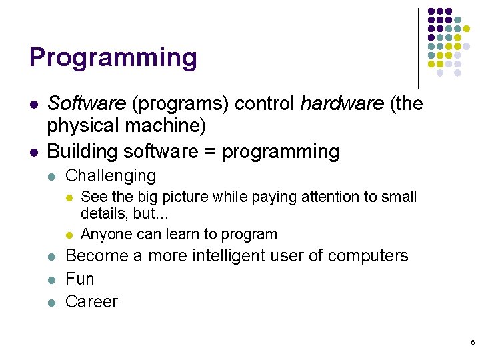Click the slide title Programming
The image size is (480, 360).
coord(113,58)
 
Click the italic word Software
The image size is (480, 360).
coord(87,104)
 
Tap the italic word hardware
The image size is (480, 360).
coord(341,104)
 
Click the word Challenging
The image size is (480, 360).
coord(111,176)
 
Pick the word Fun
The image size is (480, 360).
coord(80,279)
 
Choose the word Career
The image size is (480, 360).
coord(91,301)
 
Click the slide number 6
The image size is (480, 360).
coord(472,342)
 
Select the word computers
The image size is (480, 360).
coord(367,256)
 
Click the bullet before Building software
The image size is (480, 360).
coord(33,152)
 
